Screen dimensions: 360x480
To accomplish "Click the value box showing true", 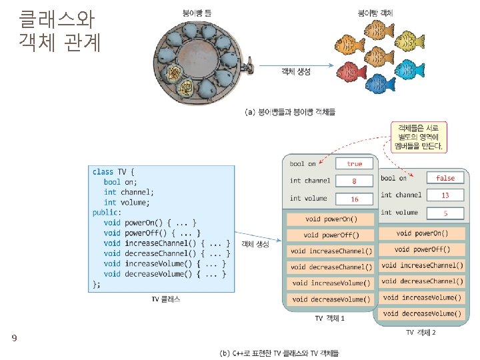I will pyautogui.click(x=354, y=163).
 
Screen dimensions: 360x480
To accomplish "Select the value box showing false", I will pyautogui.click(x=445, y=178).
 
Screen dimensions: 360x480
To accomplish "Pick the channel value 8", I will pyautogui.click(x=354, y=181).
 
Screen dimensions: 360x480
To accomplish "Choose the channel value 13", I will pyautogui.click(x=445, y=195).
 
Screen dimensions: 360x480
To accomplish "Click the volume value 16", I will pyautogui.click(x=354, y=199).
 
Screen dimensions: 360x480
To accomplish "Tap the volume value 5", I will pyautogui.click(x=445, y=213).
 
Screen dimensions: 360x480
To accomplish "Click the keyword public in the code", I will pyautogui.click(x=106, y=212).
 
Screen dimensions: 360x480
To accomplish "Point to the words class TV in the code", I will pyautogui.click(x=109, y=171).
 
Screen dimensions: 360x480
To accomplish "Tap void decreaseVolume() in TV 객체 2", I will pyautogui.click(x=421, y=313).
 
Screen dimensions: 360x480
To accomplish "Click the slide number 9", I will pyautogui.click(x=13, y=339).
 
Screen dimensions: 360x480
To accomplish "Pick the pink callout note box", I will pyautogui.click(x=418, y=135).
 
